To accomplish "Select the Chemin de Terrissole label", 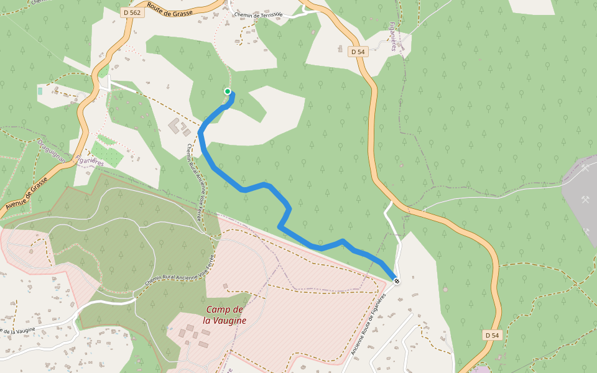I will click(258, 14).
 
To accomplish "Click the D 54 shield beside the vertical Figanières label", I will click(358, 52).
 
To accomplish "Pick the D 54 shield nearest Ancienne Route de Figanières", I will click(491, 335).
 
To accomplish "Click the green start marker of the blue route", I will click(228, 91).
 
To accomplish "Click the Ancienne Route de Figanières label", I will click(373, 324).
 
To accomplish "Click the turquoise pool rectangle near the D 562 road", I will click(40, 91).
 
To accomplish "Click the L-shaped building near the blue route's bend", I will click(177, 126).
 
